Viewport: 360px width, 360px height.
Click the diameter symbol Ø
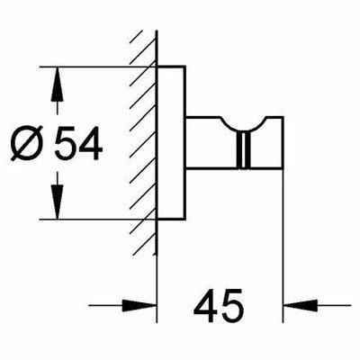(26, 143)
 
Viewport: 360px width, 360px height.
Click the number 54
(79, 143)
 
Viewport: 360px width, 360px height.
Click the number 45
(218, 305)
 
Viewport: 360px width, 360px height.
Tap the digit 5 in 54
(66, 143)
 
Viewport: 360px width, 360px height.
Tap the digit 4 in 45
(206, 305)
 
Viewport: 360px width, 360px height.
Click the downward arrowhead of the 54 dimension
(57, 202)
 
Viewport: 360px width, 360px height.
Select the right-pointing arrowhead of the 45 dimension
(139, 306)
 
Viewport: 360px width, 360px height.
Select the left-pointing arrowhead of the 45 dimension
(301, 306)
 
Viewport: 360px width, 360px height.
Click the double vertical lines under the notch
(243, 150)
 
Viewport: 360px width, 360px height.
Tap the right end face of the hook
(283, 142)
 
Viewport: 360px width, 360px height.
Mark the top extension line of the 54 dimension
(97, 67)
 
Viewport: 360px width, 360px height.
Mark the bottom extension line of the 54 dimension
(97, 220)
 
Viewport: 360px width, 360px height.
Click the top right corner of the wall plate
(185, 66)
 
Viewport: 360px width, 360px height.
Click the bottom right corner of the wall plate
(185, 220)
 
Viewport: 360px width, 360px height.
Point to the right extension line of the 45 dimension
(283, 246)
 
